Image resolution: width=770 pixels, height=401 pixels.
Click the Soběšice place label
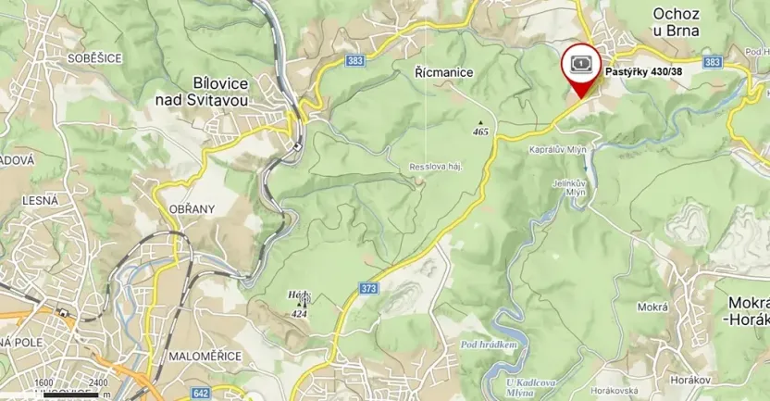95,57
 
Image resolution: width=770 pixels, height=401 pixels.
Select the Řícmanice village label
444,72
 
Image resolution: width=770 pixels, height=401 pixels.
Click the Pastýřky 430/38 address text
644,71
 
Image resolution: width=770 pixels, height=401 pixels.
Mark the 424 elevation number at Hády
299,313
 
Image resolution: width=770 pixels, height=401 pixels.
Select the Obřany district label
192,208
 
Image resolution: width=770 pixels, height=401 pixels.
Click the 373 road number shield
369,289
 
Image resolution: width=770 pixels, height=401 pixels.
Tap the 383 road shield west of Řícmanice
355,60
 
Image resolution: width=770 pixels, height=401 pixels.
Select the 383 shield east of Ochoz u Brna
712,62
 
